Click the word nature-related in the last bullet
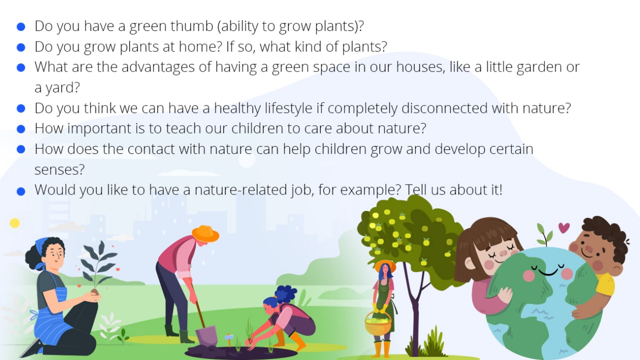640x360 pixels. (x=241, y=189)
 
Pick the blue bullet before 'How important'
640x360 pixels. (x=21, y=129)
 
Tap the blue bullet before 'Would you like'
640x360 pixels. (x=21, y=191)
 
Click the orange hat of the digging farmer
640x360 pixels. (x=205, y=233)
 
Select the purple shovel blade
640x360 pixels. (x=206, y=335)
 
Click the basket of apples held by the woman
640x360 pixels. (x=378, y=323)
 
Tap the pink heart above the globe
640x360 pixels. (x=564, y=227)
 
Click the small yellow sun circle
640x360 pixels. (x=15, y=223)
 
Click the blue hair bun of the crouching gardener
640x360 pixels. (x=285, y=294)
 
